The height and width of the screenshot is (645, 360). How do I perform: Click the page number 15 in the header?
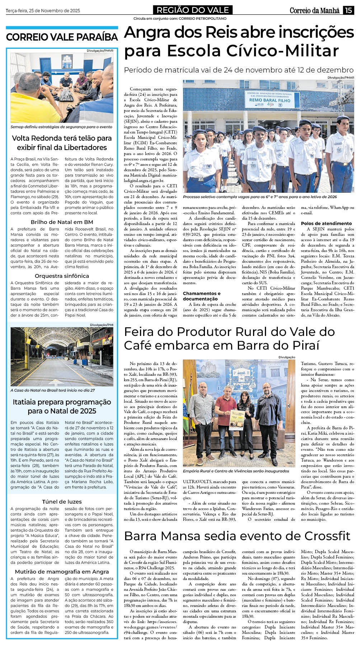tap(348, 10)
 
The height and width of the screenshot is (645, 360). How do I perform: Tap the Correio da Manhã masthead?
tap(314, 10)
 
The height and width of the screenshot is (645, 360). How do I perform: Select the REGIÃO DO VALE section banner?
tap(193, 10)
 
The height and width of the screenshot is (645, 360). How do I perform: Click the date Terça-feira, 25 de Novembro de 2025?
tap(43, 11)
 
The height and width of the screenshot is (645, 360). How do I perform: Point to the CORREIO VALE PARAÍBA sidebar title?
tap(62, 37)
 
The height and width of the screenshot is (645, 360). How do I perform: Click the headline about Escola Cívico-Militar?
tap(239, 42)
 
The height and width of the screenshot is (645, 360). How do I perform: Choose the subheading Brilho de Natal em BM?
tap(62, 222)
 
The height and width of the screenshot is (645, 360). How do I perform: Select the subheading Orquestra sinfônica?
tap(62, 276)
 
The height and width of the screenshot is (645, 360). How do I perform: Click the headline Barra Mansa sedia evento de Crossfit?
tap(237, 536)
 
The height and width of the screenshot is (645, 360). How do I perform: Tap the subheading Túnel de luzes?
tap(62, 501)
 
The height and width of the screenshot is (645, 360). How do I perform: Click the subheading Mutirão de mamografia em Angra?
tap(62, 571)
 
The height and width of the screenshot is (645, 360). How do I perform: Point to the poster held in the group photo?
tap(237, 420)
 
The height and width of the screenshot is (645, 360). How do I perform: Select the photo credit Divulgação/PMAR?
tap(341, 77)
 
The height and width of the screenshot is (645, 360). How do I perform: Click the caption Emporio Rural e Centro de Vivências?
tap(236, 471)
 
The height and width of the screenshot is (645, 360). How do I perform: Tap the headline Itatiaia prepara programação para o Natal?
tap(62, 406)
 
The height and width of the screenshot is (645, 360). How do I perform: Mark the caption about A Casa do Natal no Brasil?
tap(52, 390)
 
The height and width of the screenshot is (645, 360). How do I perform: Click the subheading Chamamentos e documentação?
tap(202, 296)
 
